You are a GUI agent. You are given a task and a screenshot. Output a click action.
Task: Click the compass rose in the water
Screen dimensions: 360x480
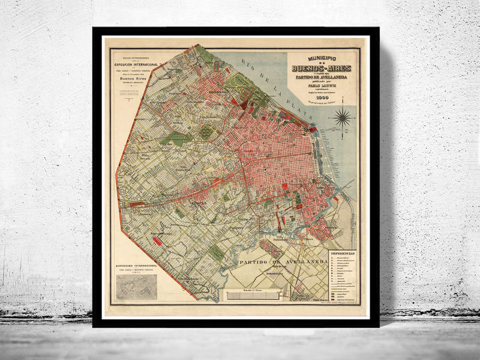point(343,117)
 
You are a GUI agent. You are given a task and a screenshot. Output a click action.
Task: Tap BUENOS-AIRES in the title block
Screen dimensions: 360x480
point(322,68)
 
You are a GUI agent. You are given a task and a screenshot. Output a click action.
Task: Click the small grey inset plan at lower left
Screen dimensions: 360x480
point(136,287)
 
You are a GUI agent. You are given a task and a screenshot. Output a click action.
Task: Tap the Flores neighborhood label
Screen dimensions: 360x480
point(197,203)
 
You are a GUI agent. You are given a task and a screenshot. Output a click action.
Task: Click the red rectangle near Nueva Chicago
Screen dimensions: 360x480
point(158,241)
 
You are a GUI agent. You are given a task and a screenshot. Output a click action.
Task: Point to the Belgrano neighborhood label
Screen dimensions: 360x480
point(217,91)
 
